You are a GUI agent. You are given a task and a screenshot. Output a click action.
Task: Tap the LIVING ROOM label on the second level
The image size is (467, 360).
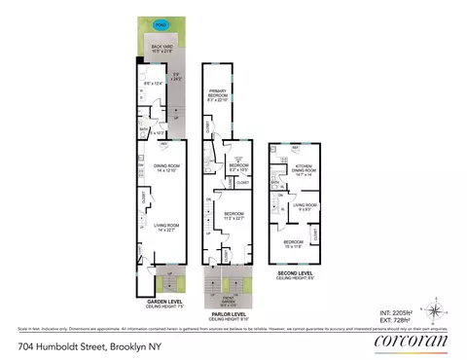tap(306, 206)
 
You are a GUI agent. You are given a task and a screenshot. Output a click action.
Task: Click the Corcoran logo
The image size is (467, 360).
tap(409, 341)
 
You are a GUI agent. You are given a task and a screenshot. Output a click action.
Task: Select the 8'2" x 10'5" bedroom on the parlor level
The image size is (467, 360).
tap(238, 167)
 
